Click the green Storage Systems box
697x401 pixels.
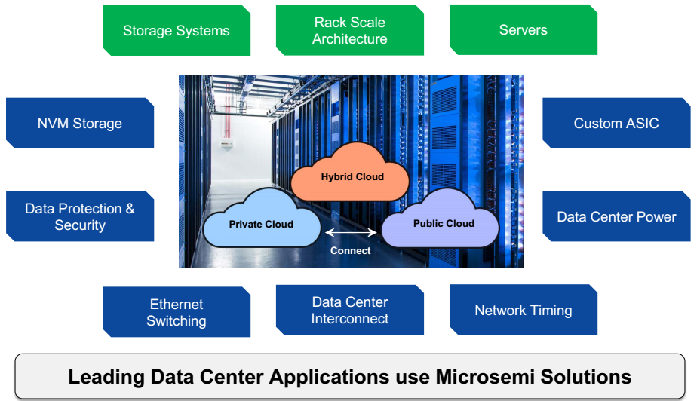pyautogui.click(x=176, y=31)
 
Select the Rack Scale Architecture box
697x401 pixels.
pyautogui.click(x=349, y=31)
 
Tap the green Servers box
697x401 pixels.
pyautogui.click(x=523, y=31)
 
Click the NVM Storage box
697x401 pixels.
pyautogui.click(x=79, y=124)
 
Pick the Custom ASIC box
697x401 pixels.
pyautogui.click(x=616, y=124)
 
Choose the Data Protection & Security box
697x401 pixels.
pyautogui.click(x=79, y=216)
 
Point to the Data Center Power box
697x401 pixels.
pyautogui.click(x=616, y=216)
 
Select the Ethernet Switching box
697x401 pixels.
pyautogui.click(x=176, y=312)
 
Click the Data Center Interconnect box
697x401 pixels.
pyautogui.click(x=349, y=310)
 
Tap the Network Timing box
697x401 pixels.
pyautogui.click(x=523, y=310)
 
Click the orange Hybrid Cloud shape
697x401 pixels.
pyautogui.click(x=352, y=178)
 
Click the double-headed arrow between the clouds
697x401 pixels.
pyautogui.click(x=351, y=234)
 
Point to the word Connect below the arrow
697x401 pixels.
pyautogui.click(x=351, y=250)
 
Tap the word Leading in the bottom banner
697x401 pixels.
pyautogui.click(x=104, y=376)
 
